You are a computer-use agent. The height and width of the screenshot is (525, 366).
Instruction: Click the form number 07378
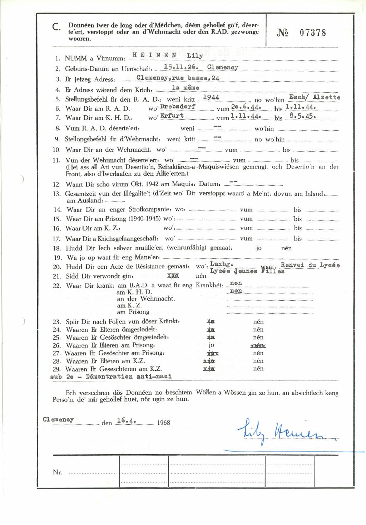tap(313, 33)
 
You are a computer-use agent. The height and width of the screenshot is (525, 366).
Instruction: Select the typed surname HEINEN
tap(154, 55)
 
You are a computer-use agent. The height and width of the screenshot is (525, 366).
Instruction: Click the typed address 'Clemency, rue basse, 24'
tap(178, 78)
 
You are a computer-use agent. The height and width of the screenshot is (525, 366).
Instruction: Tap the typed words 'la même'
tap(186, 88)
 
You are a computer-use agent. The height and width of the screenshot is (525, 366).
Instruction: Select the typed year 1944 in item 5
tap(211, 97)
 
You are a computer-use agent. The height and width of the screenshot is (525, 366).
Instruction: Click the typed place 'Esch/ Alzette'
tap(315, 97)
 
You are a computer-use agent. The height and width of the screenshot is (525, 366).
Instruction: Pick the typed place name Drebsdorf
tap(178, 107)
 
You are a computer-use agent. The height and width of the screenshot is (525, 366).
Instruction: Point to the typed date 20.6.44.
tap(246, 107)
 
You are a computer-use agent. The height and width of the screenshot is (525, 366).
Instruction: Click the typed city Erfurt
tap(172, 116)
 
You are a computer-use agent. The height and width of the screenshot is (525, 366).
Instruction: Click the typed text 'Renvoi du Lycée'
tap(310, 265)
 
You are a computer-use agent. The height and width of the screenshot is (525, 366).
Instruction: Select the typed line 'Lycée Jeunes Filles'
tap(247, 271)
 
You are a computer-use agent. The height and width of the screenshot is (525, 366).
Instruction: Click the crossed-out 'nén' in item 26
tap(258, 346)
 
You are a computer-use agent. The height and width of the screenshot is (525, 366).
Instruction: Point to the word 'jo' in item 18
tap(259, 248)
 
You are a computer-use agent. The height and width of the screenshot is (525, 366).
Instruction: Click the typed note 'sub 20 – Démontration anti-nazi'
tap(111, 376)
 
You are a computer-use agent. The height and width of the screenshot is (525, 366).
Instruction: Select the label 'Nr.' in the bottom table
tap(58, 472)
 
